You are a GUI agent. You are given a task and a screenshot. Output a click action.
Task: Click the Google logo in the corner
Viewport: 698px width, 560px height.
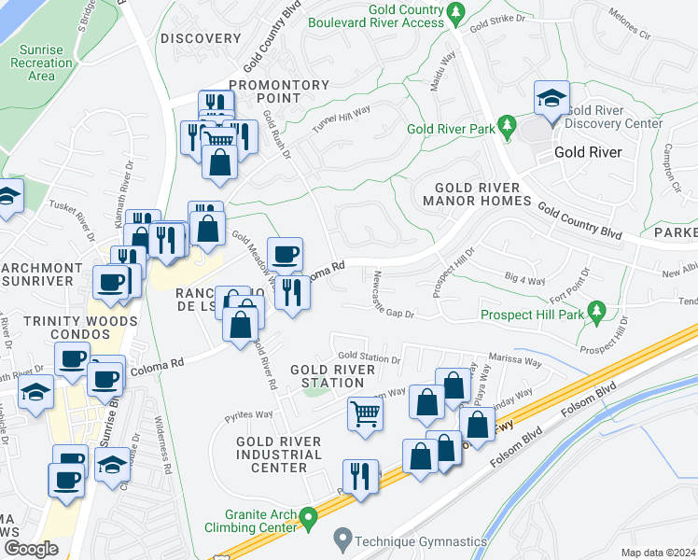coord(31,549)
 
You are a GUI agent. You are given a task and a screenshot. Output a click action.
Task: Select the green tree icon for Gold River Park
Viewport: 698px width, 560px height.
coord(508,127)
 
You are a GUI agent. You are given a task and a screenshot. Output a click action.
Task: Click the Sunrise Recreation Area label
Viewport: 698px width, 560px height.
coord(41,63)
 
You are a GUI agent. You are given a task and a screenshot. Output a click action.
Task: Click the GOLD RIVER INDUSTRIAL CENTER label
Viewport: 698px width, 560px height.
coord(279,455)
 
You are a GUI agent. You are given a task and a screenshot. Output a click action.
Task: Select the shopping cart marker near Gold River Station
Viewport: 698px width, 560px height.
coord(365,413)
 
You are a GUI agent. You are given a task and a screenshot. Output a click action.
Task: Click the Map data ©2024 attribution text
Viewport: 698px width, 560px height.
coord(657,553)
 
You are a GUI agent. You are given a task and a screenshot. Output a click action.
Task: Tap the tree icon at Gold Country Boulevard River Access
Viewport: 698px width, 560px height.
coord(455,13)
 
